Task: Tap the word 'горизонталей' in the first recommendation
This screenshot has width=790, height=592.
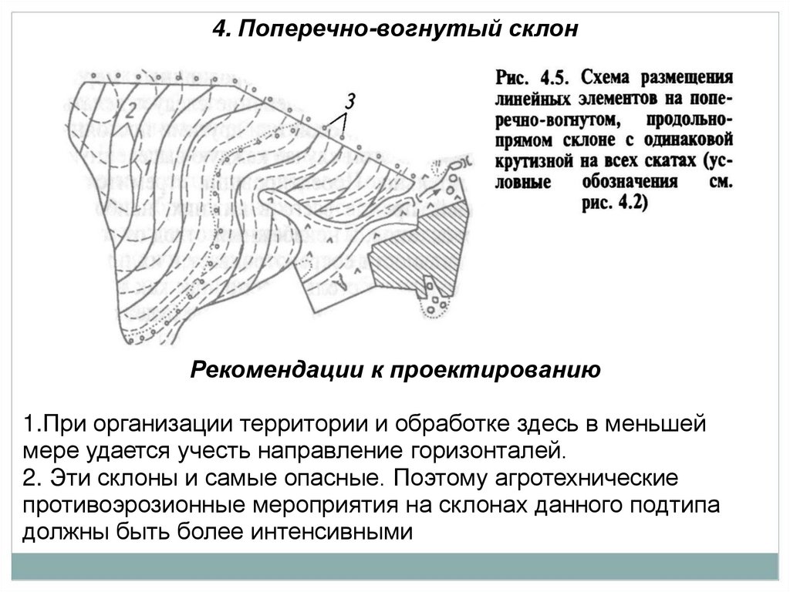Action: [x=483, y=449]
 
